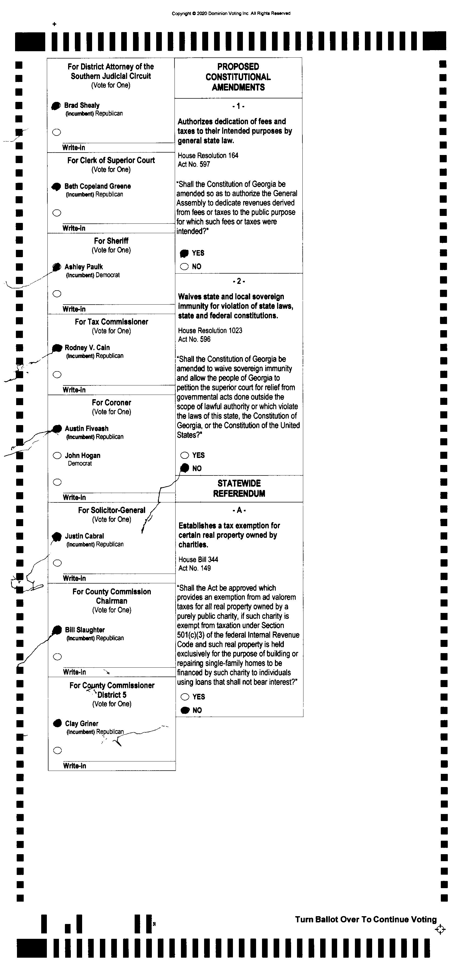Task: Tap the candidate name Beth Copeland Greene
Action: [x=97, y=186]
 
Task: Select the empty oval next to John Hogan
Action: [x=57, y=456]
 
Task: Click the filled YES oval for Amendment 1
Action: [x=184, y=253]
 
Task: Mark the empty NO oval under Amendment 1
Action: [x=184, y=267]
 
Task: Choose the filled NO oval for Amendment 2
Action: [x=185, y=468]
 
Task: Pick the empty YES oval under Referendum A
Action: [x=185, y=697]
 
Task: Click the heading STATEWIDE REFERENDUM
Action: [x=239, y=488]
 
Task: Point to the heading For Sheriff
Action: [x=111, y=241]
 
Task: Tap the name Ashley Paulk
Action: [x=83, y=267]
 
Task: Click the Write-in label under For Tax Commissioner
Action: [x=74, y=390]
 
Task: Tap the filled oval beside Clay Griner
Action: [x=57, y=723]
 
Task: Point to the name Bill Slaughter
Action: [x=85, y=630]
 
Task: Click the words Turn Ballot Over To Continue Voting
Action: [x=366, y=919]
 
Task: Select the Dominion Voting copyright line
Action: [x=231, y=13]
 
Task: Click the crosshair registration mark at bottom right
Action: [x=440, y=929]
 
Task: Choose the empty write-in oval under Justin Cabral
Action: [x=57, y=563]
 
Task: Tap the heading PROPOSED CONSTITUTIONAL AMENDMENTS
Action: [x=238, y=77]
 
